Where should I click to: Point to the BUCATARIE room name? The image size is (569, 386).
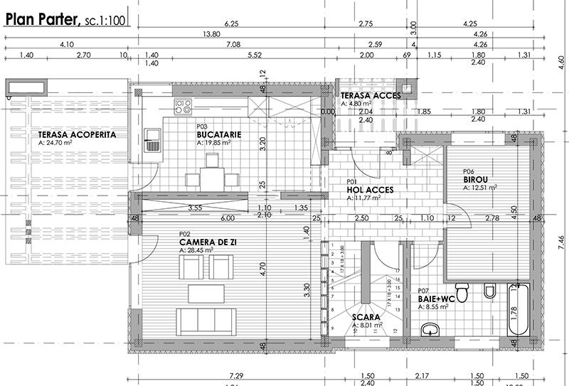click(x=218, y=134)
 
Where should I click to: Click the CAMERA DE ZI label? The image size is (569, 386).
click(x=208, y=242)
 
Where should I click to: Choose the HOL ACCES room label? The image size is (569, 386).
click(x=371, y=191)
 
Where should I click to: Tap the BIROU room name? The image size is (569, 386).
click(x=477, y=180)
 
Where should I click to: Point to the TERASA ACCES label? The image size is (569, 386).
click(x=370, y=95)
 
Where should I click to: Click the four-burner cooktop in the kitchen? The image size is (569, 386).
click(x=183, y=107)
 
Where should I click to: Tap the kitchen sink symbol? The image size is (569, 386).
click(x=152, y=139)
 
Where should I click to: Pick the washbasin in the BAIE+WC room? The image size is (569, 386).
click(x=430, y=331)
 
